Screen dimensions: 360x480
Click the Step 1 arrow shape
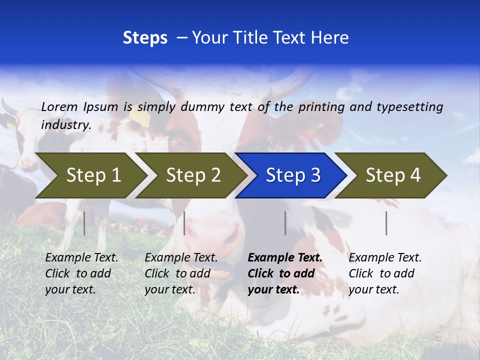click(90, 175)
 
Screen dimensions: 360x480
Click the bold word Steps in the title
click(145, 38)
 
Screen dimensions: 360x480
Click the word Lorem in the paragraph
click(59, 106)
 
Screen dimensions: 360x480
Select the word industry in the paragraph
click(65, 125)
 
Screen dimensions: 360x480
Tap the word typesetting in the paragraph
click(409, 107)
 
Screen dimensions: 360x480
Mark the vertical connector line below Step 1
click(84, 223)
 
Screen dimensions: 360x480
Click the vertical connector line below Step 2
click(184, 223)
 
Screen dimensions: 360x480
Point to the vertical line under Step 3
click(285, 223)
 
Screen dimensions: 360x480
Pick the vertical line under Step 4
click(386, 223)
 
